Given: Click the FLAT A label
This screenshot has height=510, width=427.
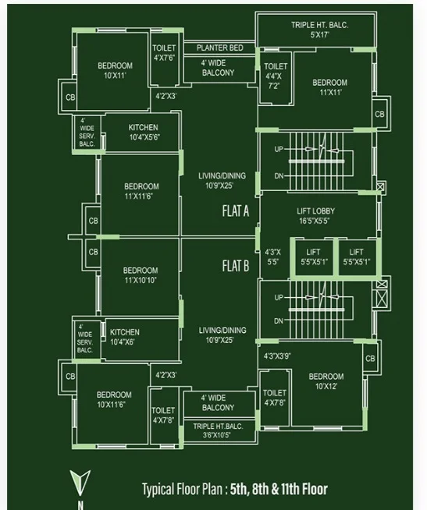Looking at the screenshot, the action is (236, 211).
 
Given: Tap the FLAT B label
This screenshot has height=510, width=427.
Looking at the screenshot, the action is (236, 266).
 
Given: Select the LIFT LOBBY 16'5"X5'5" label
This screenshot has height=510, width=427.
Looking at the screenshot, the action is (315, 216).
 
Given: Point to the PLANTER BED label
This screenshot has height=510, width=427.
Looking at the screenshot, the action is (220, 48).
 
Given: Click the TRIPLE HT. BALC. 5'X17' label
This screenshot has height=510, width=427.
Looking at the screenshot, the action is (319, 30).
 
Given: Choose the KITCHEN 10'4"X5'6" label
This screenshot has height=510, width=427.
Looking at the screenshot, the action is (144, 133).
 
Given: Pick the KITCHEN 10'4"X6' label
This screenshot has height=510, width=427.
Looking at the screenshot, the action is (124, 337).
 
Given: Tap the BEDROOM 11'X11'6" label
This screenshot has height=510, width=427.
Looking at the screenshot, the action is (141, 191).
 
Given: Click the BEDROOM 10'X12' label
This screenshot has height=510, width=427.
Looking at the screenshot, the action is (326, 381).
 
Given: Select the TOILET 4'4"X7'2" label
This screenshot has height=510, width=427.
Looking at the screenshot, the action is (276, 76).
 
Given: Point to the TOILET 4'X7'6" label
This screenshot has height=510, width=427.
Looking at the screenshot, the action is (164, 53).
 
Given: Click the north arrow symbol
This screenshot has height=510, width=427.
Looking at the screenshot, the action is (80, 483).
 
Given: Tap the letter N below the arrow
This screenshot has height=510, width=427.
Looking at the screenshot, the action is (80, 505).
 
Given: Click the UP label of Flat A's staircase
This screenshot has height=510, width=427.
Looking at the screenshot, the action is (279, 149).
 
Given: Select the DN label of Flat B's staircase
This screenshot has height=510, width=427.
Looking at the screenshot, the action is (279, 321).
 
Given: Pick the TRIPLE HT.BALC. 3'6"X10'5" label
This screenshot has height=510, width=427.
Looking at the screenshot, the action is (218, 430).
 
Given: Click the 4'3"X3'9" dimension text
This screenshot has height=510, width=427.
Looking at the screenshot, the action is (277, 356).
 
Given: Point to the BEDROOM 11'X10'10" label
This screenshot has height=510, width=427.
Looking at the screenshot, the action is (141, 275).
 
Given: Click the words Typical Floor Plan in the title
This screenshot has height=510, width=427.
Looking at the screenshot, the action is (182, 489).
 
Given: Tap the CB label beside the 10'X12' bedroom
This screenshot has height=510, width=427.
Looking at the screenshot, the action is (370, 359).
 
